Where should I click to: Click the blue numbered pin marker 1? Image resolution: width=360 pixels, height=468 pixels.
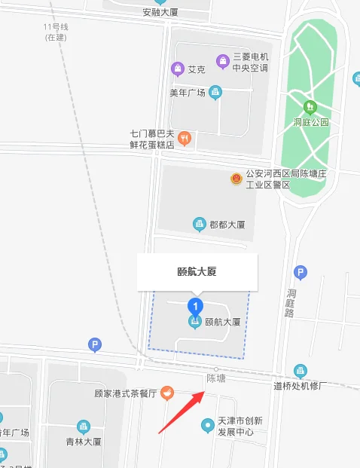[x=196, y=306]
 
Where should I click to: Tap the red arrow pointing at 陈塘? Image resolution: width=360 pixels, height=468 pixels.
[x=182, y=411]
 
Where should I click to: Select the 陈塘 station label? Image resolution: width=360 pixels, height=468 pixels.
[x=216, y=377]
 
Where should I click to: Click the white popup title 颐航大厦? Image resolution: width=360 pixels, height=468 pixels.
[x=197, y=271]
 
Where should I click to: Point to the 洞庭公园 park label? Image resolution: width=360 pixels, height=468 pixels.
[x=311, y=122]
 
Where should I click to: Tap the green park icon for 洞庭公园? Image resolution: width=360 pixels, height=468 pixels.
[x=310, y=106]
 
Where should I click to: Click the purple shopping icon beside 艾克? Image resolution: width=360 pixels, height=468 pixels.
[x=178, y=69]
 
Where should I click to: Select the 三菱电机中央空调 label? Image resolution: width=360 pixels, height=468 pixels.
[x=251, y=62]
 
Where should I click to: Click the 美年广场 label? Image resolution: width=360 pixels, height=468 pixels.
[x=188, y=93]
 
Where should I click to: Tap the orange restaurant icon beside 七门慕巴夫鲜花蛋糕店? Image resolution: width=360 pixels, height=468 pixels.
[x=184, y=138]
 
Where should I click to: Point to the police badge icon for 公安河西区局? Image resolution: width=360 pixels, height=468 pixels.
[x=236, y=179]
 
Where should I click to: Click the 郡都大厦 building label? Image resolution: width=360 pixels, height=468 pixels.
[x=227, y=224]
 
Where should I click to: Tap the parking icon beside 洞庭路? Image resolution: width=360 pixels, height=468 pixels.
[x=301, y=272]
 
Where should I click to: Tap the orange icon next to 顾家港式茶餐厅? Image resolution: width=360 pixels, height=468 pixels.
[x=166, y=393]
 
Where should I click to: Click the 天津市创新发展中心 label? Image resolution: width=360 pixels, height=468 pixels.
[x=236, y=426]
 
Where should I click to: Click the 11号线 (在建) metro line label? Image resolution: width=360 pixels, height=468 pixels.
[x=56, y=32]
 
